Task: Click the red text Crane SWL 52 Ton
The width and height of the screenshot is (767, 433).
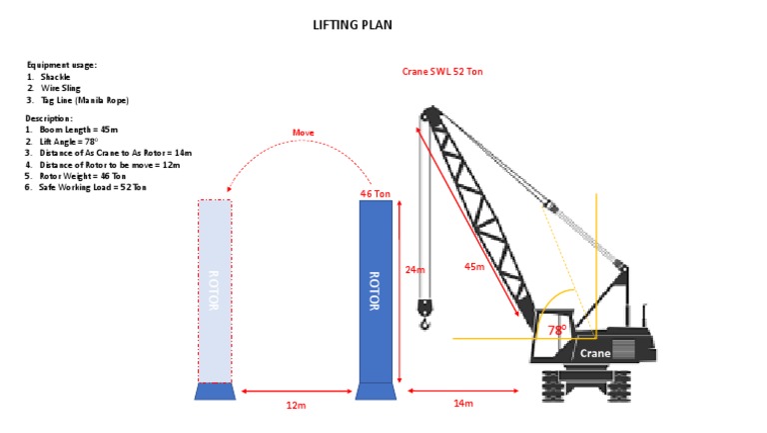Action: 441,72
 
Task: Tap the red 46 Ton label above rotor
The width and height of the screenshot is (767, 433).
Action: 374,193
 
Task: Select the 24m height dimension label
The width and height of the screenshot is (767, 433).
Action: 413,269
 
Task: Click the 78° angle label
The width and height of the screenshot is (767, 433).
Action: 556,329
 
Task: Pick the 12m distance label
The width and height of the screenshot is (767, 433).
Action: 297,405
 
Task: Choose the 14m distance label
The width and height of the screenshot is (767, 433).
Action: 463,403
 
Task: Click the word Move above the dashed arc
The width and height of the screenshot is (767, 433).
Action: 303,132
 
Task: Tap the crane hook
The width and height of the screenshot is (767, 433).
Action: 425,321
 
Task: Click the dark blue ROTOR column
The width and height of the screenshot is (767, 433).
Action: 375,291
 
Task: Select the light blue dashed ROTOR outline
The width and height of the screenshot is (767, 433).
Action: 215,291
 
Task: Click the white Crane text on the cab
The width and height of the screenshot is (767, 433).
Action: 595,353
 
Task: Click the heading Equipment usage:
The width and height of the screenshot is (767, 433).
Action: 61,65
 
